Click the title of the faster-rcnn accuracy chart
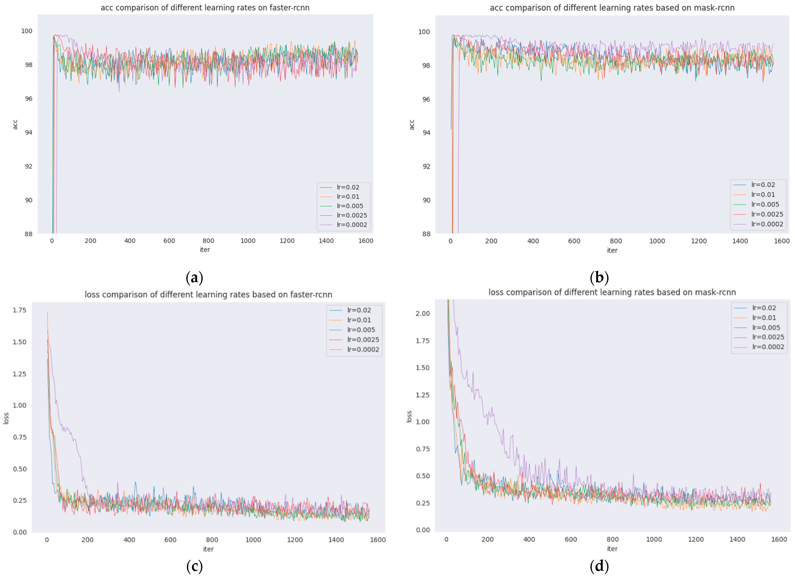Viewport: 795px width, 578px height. [205, 8]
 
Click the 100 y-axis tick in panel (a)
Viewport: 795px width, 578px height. [27, 31]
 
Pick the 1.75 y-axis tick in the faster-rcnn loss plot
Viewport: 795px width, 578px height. [20, 310]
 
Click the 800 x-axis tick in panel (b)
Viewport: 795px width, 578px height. [616, 241]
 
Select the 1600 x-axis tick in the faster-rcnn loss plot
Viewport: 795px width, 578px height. [378, 540]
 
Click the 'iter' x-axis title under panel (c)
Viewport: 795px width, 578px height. [208, 549]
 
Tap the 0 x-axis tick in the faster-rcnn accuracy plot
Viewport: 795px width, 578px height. [52, 241]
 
